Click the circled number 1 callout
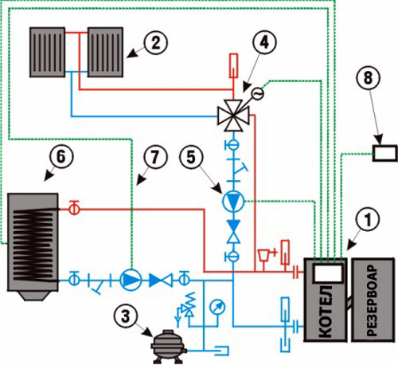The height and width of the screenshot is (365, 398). pyautogui.click(x=368, y=220)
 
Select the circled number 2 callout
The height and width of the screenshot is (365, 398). pyautogui.click(x=156, y=43)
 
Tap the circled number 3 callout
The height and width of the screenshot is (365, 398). pyautogui.click(x=126, y=316)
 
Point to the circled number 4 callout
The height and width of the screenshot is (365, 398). pyautogui.click(x=264, y=42)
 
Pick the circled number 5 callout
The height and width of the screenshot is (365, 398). pyautogui.click(x=191, y=157)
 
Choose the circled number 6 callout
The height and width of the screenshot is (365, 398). pyautogui.click(x=60, y=157)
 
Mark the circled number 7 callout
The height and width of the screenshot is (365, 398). pyautogui.click(x=155, y=157)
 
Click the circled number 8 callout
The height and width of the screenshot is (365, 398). pyautogui.click(x=368, y=78)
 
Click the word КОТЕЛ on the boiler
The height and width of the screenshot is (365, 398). pyautogui.click(x=326, y=311)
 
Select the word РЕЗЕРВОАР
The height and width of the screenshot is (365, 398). pyautogui.click(x=373, y=300)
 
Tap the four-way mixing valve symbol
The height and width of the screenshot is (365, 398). pyautogui.click(x=233, y=116)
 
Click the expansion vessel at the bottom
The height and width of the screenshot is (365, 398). pyautogui.click(x=167, y=347)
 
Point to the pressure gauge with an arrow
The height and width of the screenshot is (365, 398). pyautogui.click(x=217, y=308)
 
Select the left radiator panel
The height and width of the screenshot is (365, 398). pyautogui.click(x=47, y=52)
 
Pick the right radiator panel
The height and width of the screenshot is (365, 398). pyautogui.click(x=105, y=52)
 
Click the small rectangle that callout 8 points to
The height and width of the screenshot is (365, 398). pyautogui.click(x=385, y=153)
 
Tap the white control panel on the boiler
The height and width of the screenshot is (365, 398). pyautogui.click(x=327, y=273)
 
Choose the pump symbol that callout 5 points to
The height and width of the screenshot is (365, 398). pyautogui.click(x=233, y=202)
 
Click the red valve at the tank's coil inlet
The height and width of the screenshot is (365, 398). pyautogui.click(x=75, y=209)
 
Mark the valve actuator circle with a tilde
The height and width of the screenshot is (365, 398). pyautogui.click(x=258, y=94)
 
